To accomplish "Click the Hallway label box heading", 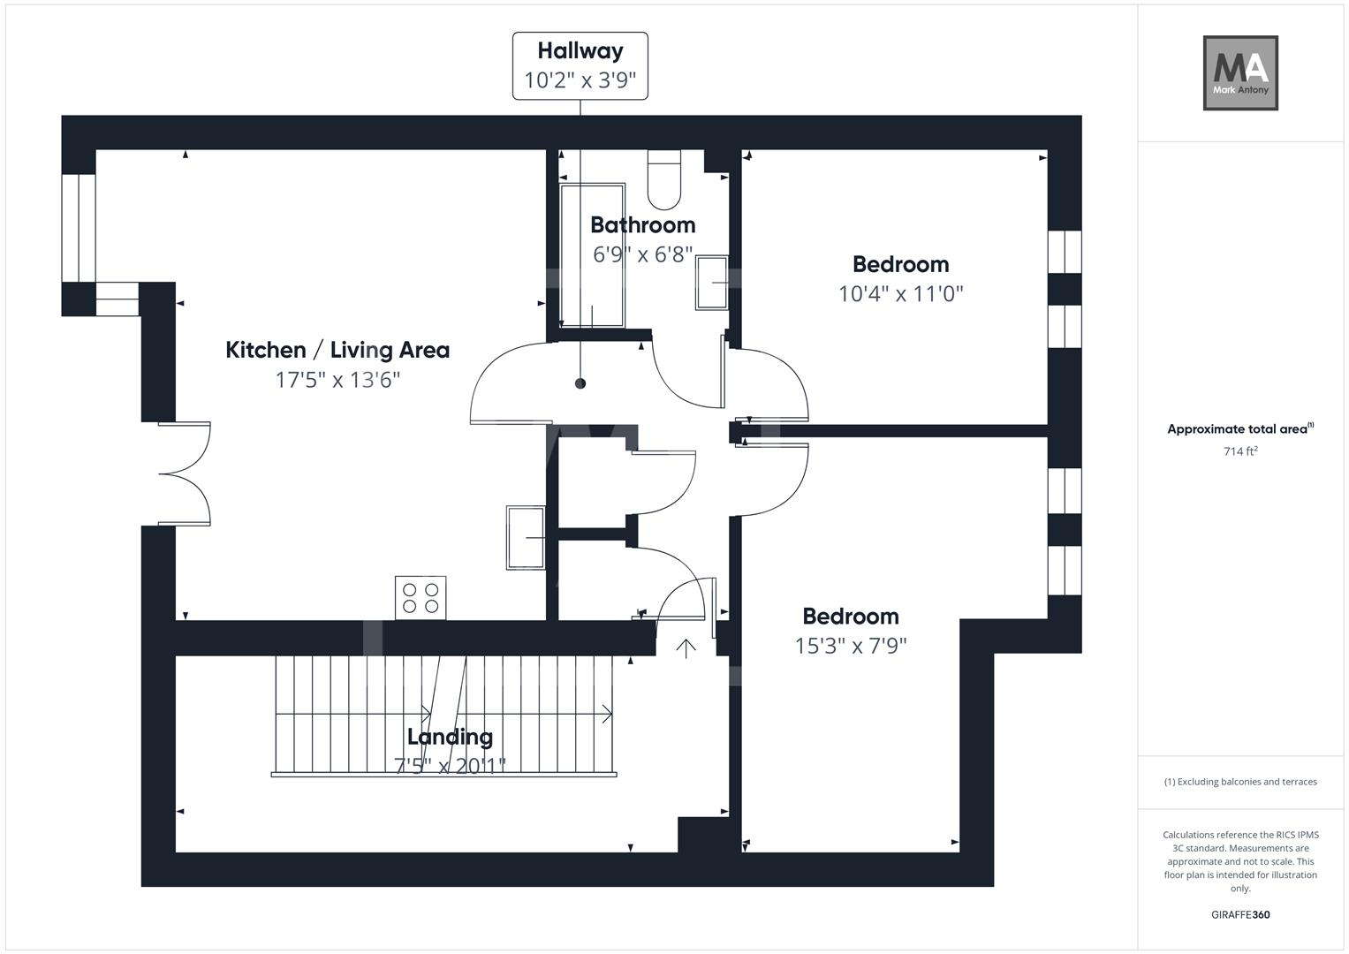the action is point(580,51).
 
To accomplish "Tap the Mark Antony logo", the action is point(1240,72).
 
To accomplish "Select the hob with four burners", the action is point(421,597).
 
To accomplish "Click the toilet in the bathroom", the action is point(663,179).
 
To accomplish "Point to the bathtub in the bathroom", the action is point(592,255).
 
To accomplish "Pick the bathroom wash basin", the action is point(712,283).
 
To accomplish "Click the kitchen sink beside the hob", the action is point(526,538).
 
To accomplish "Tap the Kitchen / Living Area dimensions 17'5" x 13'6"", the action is point(337,380).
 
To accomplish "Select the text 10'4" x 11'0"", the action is point(901,294).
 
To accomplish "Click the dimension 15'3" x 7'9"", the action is point(851,646).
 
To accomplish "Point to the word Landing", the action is point(450,737).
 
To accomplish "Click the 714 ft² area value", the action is point(1240,450).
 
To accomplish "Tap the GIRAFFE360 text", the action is point(1240,914).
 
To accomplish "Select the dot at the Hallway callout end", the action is point(580,383).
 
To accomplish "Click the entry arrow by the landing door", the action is point(686,648).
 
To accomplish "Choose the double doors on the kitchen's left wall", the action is point(185,474).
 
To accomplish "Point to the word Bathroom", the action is point(642,225).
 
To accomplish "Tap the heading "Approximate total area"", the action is point(1237,428).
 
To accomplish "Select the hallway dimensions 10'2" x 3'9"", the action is point(580,80).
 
